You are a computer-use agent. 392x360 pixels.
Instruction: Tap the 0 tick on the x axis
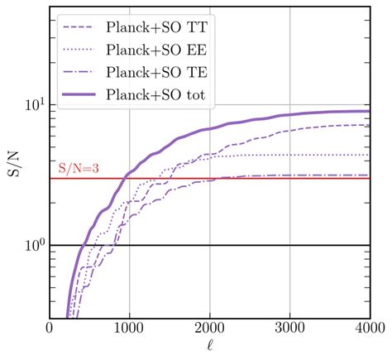point(50,329)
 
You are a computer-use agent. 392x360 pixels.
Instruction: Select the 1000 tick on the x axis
point(130,329)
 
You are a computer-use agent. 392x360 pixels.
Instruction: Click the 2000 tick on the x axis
point(209,329)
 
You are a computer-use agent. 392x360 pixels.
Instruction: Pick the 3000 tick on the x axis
point(289,329)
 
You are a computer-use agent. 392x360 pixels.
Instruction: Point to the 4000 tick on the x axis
point(367,329)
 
